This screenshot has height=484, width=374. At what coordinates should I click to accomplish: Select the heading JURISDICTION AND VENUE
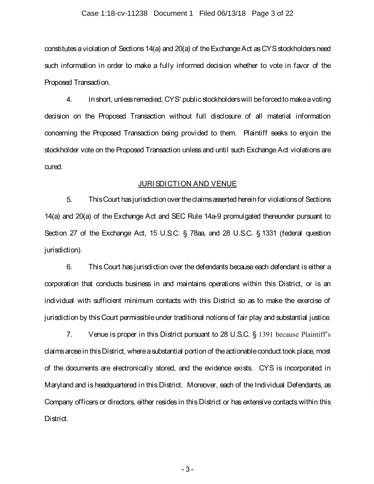(187, 182)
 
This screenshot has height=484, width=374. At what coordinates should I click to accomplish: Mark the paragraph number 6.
(69, 267)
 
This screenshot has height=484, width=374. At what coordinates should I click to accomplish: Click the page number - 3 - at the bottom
(187, 469)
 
